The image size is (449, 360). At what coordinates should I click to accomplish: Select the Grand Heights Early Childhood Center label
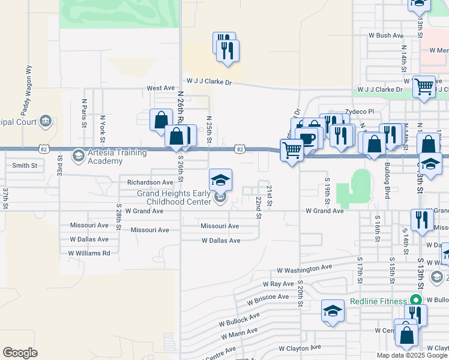pyautogui.click(x=175, y=197)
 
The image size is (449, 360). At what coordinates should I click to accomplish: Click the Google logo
pyautogui.click(x=20, y=353)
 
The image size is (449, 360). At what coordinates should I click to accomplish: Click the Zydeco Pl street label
pyautogui.click(x=359, y=112)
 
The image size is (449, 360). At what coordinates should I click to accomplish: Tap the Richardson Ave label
pyautogui.click(x=150, y=182)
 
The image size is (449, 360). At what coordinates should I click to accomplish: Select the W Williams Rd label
pyautogui.click(x=90, y=253)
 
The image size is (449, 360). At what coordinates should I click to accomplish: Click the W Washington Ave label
pyautogui.click(x=304, y=268)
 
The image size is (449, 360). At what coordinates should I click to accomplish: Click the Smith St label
pyautogui.click(x=25, y=165)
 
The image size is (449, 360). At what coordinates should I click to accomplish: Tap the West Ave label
pyautogui.click(x=160, y=88)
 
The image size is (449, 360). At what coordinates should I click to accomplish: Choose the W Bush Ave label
pyautogui.click(x=385, y=35)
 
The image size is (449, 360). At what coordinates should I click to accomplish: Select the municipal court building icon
pyautogui.click(x=45, y=122)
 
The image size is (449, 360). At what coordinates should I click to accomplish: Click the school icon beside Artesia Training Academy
pyautogui.click(x=77, y=157)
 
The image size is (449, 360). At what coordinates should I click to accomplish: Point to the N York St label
pyautogui.click(x=103, y=126)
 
